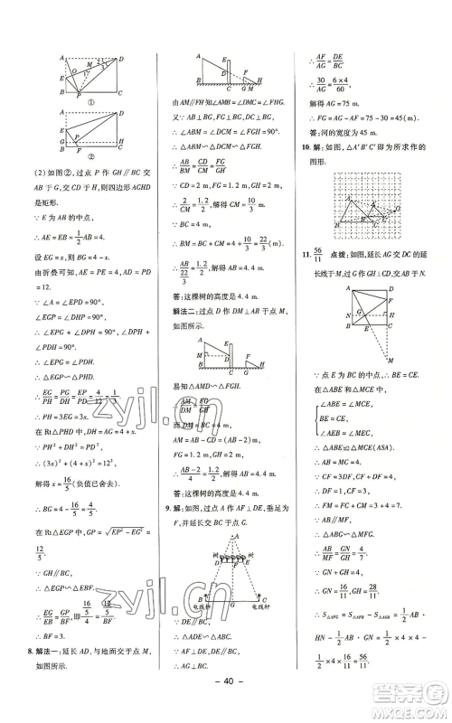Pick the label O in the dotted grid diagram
point(395,203)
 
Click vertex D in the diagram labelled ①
point(127,55)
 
